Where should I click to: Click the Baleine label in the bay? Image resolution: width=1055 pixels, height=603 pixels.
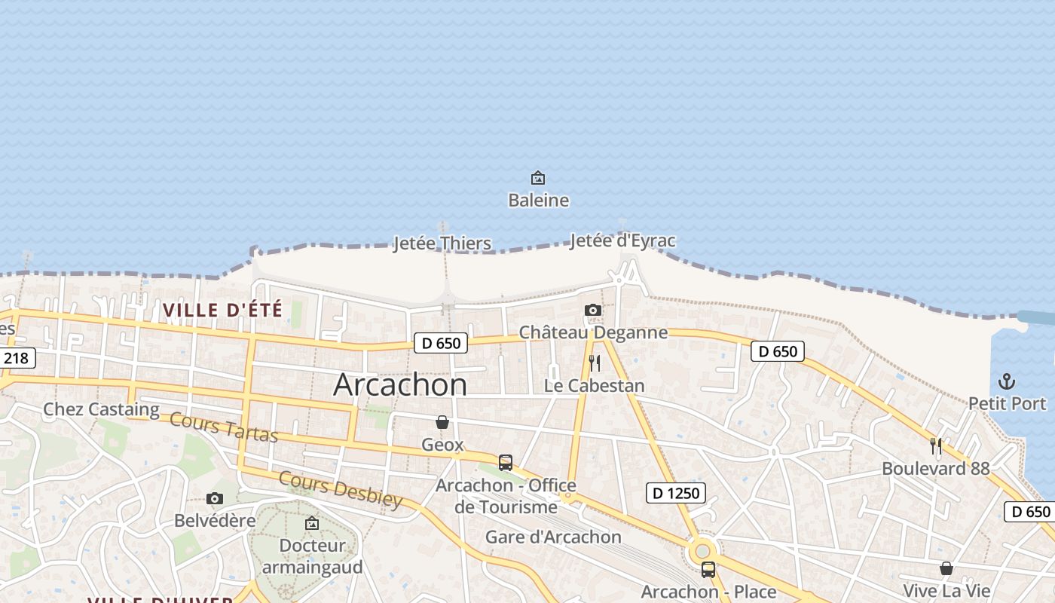point(538,200)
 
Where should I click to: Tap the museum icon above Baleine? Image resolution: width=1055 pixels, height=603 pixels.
point(538,178)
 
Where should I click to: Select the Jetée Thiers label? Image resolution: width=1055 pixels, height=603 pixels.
point(442,243)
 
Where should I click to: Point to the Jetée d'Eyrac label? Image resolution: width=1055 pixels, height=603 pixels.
point(622,241)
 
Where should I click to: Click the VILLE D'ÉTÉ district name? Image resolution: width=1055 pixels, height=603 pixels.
point(223,310)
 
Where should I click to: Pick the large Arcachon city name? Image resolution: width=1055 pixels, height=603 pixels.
point(400,385)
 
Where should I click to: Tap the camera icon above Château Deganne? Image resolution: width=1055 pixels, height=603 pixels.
point(593,310)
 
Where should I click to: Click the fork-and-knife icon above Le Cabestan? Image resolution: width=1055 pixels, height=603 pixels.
point(595,363)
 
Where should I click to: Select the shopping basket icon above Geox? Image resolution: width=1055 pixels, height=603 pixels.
point(442,422)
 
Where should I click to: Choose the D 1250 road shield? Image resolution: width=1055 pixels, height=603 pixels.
point(676,494)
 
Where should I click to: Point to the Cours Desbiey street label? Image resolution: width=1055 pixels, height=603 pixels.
point(341,489)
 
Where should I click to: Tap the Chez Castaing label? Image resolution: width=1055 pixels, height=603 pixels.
point(101,409)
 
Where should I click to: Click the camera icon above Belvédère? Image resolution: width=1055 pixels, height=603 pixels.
point(215,498)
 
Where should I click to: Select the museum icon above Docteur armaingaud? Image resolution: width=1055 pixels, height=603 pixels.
point(311,523)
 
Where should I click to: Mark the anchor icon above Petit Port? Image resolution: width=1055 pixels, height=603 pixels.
point(1007,381)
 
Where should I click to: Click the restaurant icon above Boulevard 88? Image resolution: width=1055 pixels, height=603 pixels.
point(936,446)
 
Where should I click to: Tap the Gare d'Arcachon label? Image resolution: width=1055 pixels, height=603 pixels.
point(553,537)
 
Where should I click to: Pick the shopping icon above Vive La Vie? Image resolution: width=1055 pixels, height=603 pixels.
point(946,568)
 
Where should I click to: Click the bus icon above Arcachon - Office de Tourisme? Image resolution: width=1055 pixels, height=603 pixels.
point(506,462)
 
